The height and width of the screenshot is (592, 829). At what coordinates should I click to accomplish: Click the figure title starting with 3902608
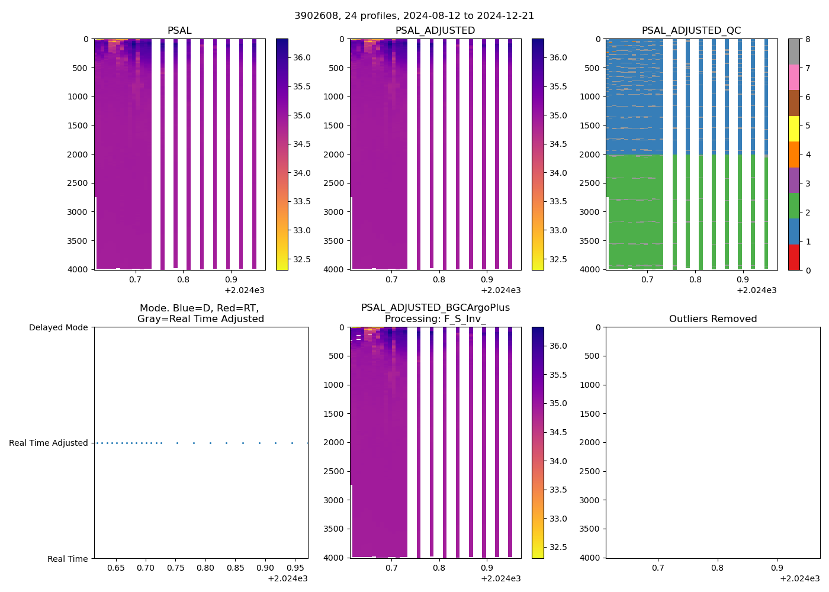coord(414,16)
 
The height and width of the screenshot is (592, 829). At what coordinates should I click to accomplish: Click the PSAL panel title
coord(179,31)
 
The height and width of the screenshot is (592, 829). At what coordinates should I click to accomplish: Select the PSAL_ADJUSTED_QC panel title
coord(691,31)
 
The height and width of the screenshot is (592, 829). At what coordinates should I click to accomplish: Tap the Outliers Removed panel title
coord(713,319)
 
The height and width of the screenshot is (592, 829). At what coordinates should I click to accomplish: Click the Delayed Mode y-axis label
coord(58,328)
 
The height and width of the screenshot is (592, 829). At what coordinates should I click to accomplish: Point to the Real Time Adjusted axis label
coord(49,443)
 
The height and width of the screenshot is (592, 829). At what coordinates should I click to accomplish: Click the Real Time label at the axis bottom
coord(68,559)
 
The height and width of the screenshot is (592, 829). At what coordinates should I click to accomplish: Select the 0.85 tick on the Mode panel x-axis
coord(235,568)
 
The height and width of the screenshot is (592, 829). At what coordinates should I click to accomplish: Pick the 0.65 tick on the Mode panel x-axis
coord(116,568)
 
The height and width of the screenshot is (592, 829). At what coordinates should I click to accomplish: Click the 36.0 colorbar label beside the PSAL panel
coord(302,58)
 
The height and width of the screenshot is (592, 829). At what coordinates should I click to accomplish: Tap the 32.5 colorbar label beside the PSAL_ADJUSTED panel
coord(558,260)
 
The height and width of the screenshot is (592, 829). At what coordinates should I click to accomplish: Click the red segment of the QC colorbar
coord(793,258)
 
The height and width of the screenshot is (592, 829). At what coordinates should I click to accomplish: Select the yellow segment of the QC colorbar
coord(793,128)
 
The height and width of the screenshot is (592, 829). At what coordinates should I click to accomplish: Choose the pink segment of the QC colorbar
coord(793,77)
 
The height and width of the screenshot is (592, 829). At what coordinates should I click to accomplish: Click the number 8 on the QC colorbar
coord(808,40)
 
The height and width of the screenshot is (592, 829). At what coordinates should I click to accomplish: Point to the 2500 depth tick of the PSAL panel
coord(78,184)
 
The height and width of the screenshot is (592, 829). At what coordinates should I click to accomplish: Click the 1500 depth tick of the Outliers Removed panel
coord(589,414)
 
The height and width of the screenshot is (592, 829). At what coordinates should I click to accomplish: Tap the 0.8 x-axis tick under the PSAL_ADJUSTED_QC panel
coord(696,279)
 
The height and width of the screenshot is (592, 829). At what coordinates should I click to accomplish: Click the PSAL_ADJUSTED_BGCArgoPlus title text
coord(435,308)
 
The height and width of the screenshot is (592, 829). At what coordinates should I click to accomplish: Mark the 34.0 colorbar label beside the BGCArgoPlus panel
coord(558,462)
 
